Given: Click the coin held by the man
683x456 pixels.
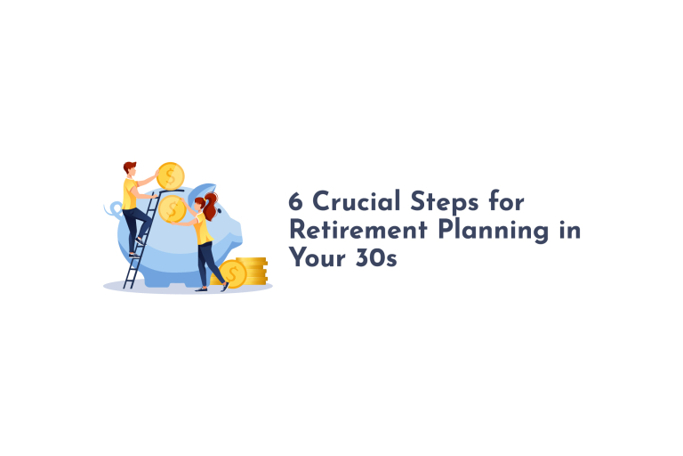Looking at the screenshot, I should (169, 175).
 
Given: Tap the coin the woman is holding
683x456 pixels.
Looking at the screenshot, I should (173, 209).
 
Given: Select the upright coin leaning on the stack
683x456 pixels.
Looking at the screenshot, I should (232, 273).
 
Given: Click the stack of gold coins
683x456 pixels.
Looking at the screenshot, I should (253, 270).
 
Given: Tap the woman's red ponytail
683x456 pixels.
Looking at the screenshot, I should (211, 204).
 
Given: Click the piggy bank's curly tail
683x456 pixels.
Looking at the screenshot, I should (113, 210).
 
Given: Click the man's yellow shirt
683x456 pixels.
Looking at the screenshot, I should (131, 194).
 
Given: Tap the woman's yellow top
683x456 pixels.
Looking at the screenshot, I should (203, 230).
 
